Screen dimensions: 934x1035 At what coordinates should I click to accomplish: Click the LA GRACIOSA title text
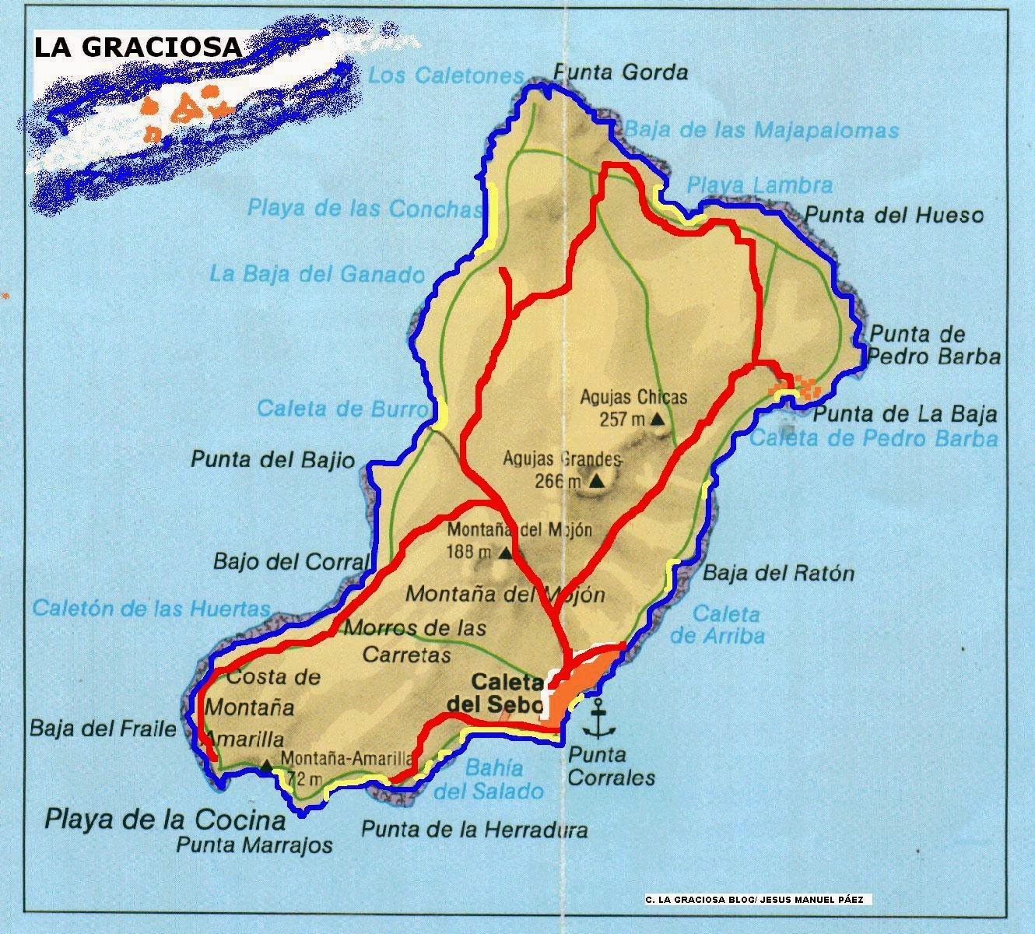(x=138, y=47)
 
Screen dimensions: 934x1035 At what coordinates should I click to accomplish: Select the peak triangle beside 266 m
(x=596, y=482)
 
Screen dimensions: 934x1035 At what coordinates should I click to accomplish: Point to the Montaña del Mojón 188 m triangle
(x=505, y=553)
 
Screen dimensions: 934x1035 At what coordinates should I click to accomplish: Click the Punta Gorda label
(x=620, y=73)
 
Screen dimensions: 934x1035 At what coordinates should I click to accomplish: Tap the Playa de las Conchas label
(x=364, y=209)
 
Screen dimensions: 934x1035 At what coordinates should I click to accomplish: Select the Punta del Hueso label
(x=893, y=215)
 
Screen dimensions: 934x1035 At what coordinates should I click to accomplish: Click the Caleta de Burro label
(x=342, y=409)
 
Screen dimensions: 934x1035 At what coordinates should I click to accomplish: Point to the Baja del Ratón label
(x=778, y=574)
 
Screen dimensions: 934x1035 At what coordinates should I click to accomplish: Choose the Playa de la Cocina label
(x=165, y=820)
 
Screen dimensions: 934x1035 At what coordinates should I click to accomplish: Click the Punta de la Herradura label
(x=474, y=830)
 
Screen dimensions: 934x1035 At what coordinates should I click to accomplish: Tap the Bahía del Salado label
(x=489, y=780)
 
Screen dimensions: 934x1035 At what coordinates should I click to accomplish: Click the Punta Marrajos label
(x=254, y=844)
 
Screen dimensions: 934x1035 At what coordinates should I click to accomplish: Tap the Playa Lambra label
(x=760, y=185)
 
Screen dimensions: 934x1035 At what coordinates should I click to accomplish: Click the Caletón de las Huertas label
(x=151, y=609)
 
